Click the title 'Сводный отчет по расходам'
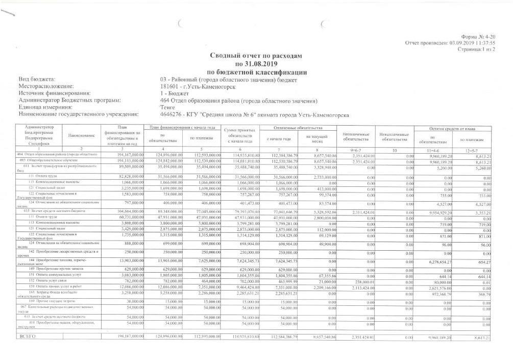coord(257,55)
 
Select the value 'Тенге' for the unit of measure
coord(168,108)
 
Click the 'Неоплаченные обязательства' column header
coord(356,136)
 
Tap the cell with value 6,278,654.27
coord(432,261)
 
